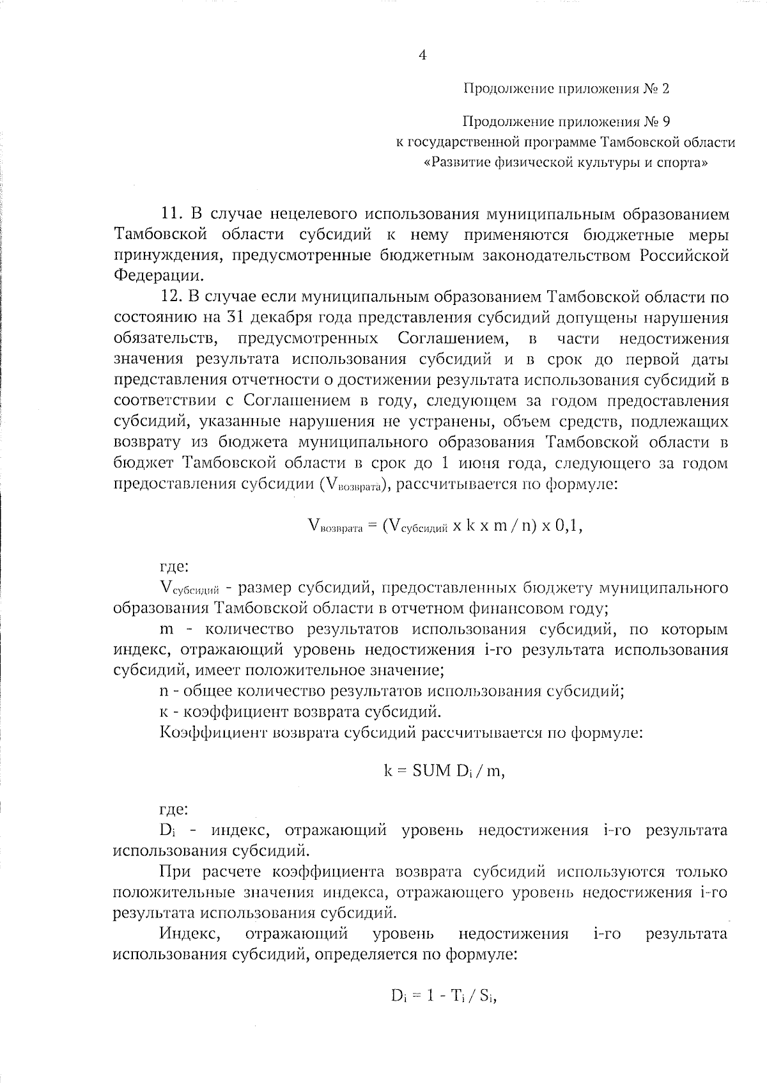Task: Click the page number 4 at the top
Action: (x=422, y=55)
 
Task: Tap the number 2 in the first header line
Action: (x=665, y=89)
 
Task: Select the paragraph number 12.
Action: (x=172, y=297)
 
